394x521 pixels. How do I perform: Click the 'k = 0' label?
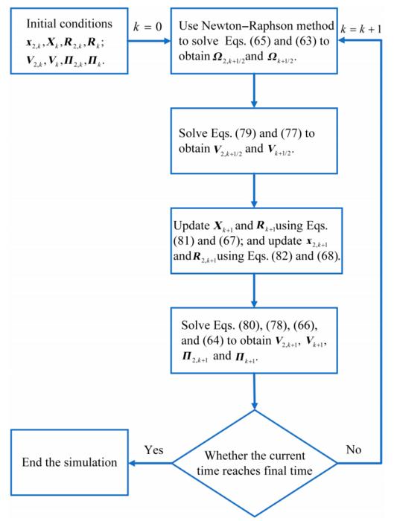click(147, 26)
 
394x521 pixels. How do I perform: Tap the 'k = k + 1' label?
click(361, 29)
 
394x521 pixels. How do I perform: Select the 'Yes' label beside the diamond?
click(154, 450)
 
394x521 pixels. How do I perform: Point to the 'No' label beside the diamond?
click(354, 450)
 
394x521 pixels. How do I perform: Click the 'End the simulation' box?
click(69, 462)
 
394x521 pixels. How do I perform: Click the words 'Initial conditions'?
click(69, 24)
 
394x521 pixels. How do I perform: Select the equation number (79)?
click(245, 133)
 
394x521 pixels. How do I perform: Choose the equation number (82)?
click(282, 256)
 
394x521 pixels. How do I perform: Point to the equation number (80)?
click(250, 325)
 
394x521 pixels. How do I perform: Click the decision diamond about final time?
click(255, 463)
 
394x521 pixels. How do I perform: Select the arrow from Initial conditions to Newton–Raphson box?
click(149, 41)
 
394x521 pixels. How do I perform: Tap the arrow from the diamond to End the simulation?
click(150, 463)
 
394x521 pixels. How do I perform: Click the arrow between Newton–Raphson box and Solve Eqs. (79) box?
click(254, 90)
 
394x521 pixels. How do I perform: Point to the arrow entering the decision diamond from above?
click(255, 391)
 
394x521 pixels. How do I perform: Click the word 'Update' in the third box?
click(191, 226)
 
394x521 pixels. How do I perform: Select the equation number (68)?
click(328, 256)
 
